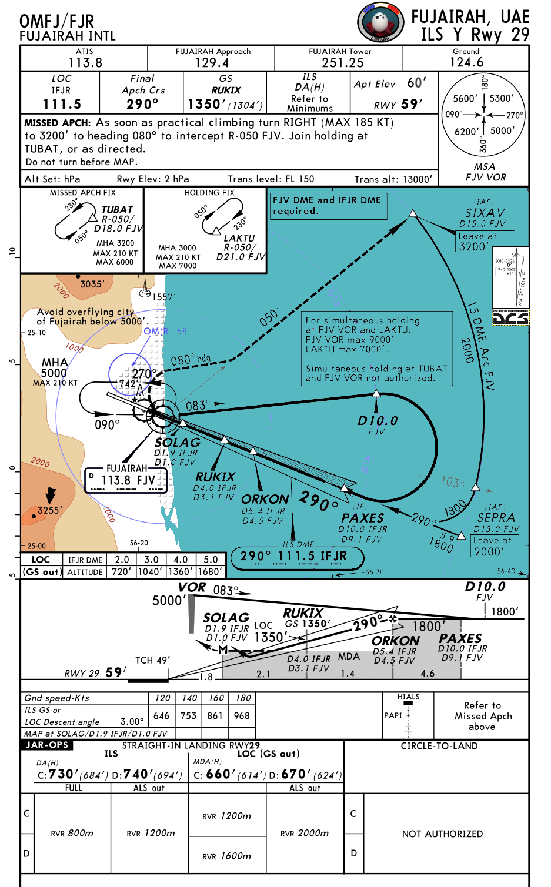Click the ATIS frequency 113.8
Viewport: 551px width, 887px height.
(85, 62)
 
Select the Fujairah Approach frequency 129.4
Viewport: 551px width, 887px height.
(212, 62)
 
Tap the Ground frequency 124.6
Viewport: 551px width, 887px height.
(466, 62)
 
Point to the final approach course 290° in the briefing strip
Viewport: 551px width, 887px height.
(142, 104)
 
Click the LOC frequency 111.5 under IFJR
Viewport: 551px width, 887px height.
(62, 104)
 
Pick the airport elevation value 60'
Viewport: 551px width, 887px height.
(416, 83)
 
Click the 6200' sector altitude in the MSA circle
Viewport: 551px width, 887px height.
(467, 131)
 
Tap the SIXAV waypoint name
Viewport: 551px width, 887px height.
(485, 213)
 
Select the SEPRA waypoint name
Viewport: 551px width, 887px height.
(496, 517)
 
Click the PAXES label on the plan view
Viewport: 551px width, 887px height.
(362, 518)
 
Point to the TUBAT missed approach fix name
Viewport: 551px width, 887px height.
(117, 210)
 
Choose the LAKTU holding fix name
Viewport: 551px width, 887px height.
(239, 238)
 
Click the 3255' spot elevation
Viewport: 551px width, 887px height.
(49, 510)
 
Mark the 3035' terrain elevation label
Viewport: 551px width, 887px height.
(92, 284)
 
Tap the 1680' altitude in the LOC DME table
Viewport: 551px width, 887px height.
(210, 571)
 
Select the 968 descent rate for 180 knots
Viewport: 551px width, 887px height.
(242, 715)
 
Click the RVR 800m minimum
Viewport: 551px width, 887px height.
(72, 833)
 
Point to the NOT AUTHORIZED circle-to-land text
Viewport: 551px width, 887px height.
(442, 834)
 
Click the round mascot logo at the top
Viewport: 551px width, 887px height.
(380, 22)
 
